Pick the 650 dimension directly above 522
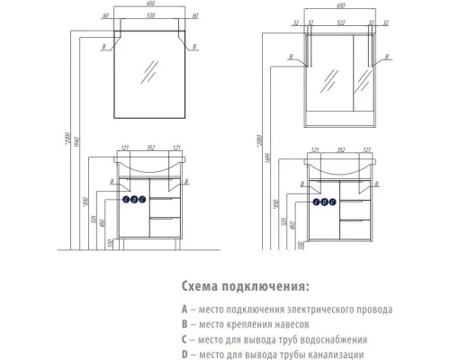click(338, 4)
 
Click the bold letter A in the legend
click(184, 309)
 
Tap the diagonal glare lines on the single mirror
click(151, 70)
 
